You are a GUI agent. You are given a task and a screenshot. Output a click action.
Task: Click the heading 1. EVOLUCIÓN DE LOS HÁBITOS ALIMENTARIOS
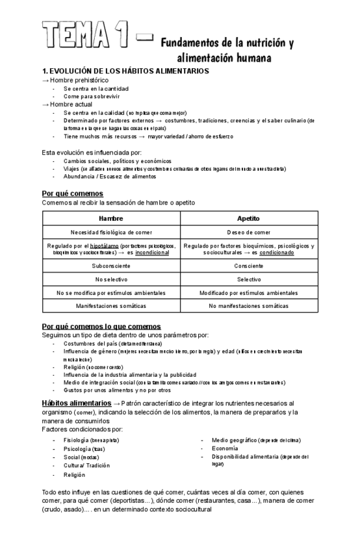[x=125, y=70]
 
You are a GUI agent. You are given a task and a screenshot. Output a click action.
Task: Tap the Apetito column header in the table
[x=249, y=218]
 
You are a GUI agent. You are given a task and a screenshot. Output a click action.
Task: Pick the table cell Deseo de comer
[x=249, y=232]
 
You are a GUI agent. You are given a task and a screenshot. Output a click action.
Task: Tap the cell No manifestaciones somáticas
[x=249, y=305]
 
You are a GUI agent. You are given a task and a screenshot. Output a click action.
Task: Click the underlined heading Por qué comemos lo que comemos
[x=101, y=326]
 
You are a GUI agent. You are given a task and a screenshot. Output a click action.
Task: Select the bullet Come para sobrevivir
[x=88, y=96]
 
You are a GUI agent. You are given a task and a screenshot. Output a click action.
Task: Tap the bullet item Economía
[x=225, y=448]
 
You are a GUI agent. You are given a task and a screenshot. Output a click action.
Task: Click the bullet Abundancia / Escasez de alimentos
[x=110, y=176]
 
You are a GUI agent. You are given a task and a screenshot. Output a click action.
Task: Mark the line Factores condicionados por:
[x=81, y=429]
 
